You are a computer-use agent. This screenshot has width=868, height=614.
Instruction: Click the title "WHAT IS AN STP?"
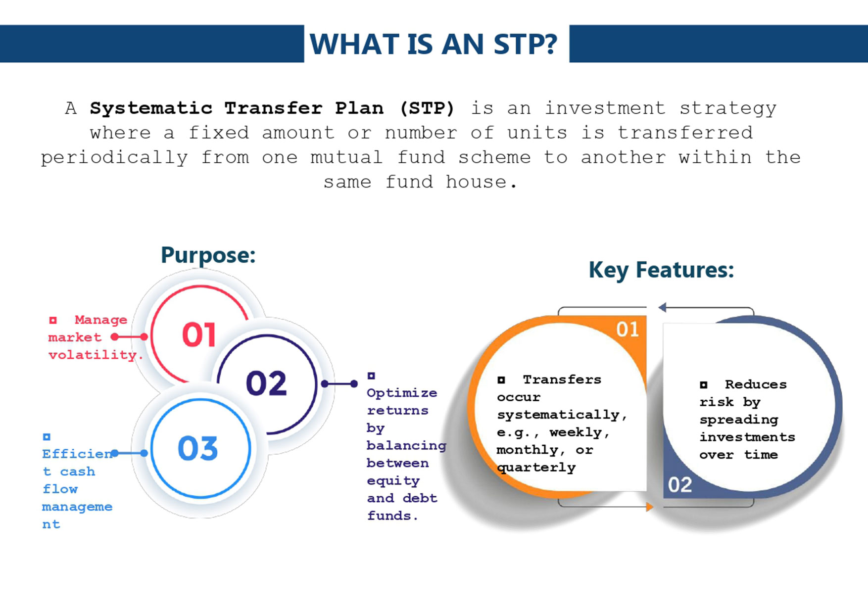434,44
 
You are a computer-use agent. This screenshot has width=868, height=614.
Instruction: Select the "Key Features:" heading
661,270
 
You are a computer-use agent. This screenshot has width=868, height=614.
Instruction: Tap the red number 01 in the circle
199,334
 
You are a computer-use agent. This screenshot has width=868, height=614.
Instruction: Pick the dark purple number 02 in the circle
266,383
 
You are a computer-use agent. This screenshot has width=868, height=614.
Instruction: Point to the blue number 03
197,449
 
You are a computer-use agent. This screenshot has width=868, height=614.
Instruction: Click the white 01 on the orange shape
627,330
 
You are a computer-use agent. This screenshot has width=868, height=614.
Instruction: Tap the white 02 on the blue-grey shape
680,485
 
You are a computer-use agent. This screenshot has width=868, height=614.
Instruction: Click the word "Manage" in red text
101,320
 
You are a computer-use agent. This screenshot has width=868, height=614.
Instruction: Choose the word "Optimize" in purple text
402,393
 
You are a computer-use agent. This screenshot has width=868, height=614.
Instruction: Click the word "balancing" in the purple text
406,446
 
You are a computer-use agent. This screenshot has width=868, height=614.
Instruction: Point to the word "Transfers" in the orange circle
562,379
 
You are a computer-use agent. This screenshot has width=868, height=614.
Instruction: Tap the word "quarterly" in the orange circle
536,468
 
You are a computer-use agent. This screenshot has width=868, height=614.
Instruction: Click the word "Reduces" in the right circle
756,384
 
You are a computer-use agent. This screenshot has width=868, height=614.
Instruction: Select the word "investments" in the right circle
747,437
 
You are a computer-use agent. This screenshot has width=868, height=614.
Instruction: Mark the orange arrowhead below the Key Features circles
650,507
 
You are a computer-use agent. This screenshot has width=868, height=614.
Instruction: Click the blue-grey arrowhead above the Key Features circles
662,307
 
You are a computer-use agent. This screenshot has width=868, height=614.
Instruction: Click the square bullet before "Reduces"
704,384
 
